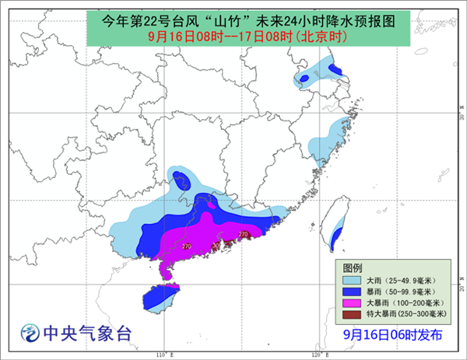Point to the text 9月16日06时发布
pos(393,335)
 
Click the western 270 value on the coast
pos(186,246)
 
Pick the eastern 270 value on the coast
pos(243,233)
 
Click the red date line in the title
pos(233,36)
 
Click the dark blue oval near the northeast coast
pos(335,70)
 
